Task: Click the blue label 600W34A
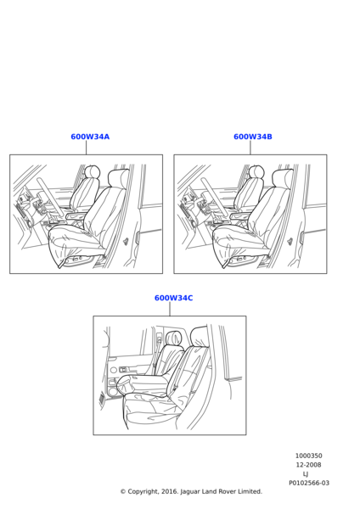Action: pos(90,137)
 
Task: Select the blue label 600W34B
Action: pos(253,137)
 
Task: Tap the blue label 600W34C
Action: pos(173,298)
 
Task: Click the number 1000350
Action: pos(309,456)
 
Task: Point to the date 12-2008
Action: pos(308,465)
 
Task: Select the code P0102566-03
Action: pos(309,483)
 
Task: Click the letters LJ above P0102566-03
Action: pos(306,474)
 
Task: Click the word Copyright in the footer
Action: pos(143,492)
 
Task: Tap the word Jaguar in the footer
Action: pos(190,492)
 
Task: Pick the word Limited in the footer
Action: pos(250,491)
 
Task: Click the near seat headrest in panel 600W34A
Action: pos(118,177)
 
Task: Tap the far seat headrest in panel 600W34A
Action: pos(93,171)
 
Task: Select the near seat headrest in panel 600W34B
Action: pos(283,177)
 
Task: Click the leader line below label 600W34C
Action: pos(170,310)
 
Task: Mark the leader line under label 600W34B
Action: pos(250,148)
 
